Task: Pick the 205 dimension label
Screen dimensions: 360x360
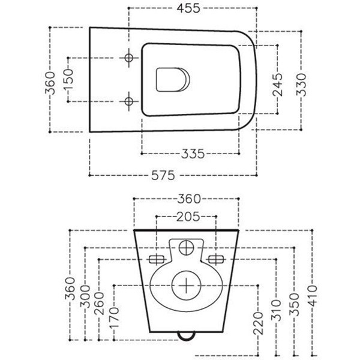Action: [x=186, y=217]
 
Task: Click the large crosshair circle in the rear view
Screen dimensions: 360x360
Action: [x=186, y=284]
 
